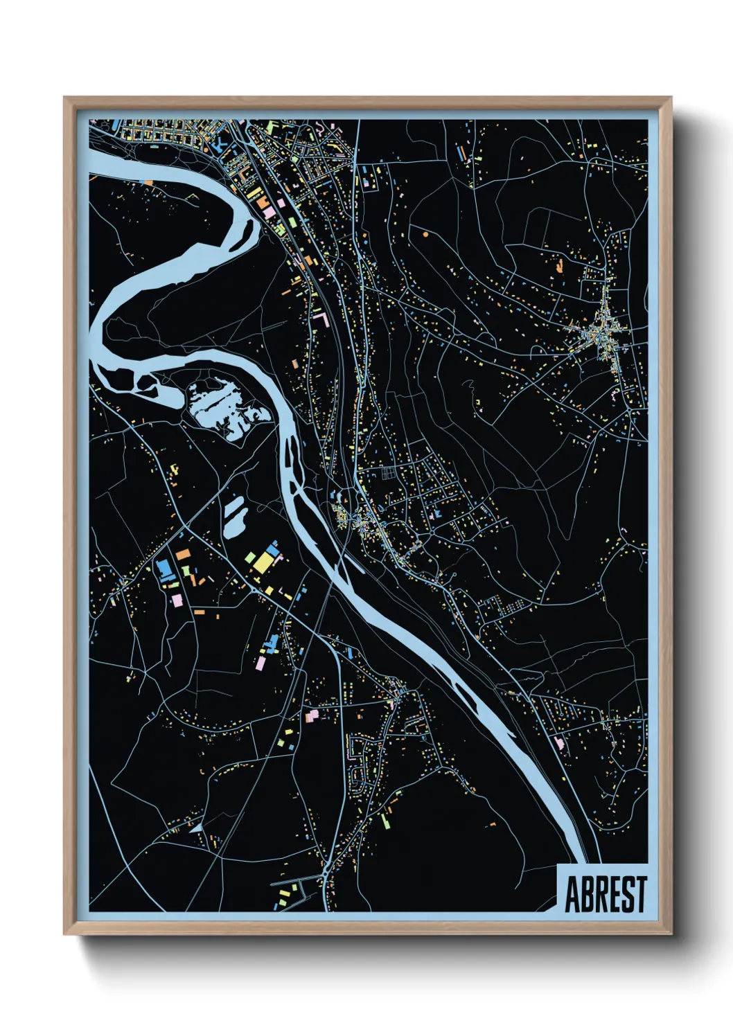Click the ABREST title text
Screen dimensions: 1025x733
pos(606,894)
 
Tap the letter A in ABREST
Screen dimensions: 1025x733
pos(573,894)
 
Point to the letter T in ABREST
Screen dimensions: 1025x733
pos(640,894)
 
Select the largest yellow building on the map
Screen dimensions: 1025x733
pos(263,562)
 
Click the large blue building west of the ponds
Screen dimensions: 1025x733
pos(164,570)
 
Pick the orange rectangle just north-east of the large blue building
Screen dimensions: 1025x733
pos(183,555)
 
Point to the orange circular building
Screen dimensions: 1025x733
pos(424,235)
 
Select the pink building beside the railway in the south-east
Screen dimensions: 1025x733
pos(558,742)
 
